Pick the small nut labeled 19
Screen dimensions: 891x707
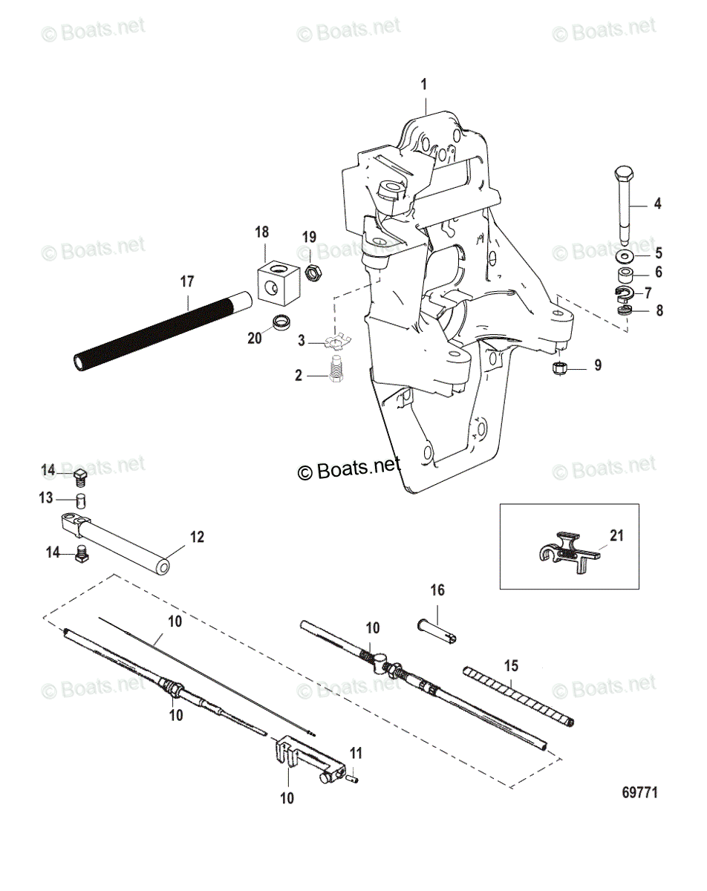[x=313, y=273]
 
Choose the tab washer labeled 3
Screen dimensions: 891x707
[x=336, y=342]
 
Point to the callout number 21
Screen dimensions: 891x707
[x=616, y=535]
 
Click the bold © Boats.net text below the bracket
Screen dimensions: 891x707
[x=349, y=468]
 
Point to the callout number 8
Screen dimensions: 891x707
[x=659, y=310]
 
